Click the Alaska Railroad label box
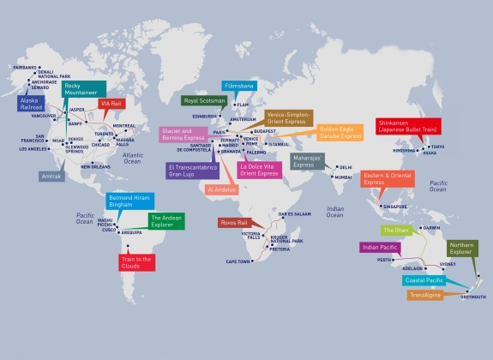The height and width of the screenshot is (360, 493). click(31, 104)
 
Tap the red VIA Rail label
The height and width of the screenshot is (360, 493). click(111, 103)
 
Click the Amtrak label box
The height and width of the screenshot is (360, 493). click(51, 176)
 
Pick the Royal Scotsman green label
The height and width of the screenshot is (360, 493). click(204, 100)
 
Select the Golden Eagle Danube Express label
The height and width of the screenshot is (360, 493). click(340, 132)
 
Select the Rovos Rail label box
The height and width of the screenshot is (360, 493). click(233, 222)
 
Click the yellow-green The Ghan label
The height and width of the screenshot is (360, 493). click(396, 231)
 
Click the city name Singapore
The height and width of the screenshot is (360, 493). click(395, 207)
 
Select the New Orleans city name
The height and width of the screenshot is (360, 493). click(97, 166)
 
